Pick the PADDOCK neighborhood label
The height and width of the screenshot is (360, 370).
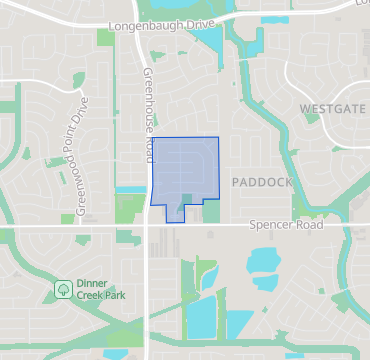(x=261, y=183)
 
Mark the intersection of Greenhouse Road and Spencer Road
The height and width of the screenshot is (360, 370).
(x=148, y=227)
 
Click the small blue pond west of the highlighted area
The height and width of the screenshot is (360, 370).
(x=130, y=189)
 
